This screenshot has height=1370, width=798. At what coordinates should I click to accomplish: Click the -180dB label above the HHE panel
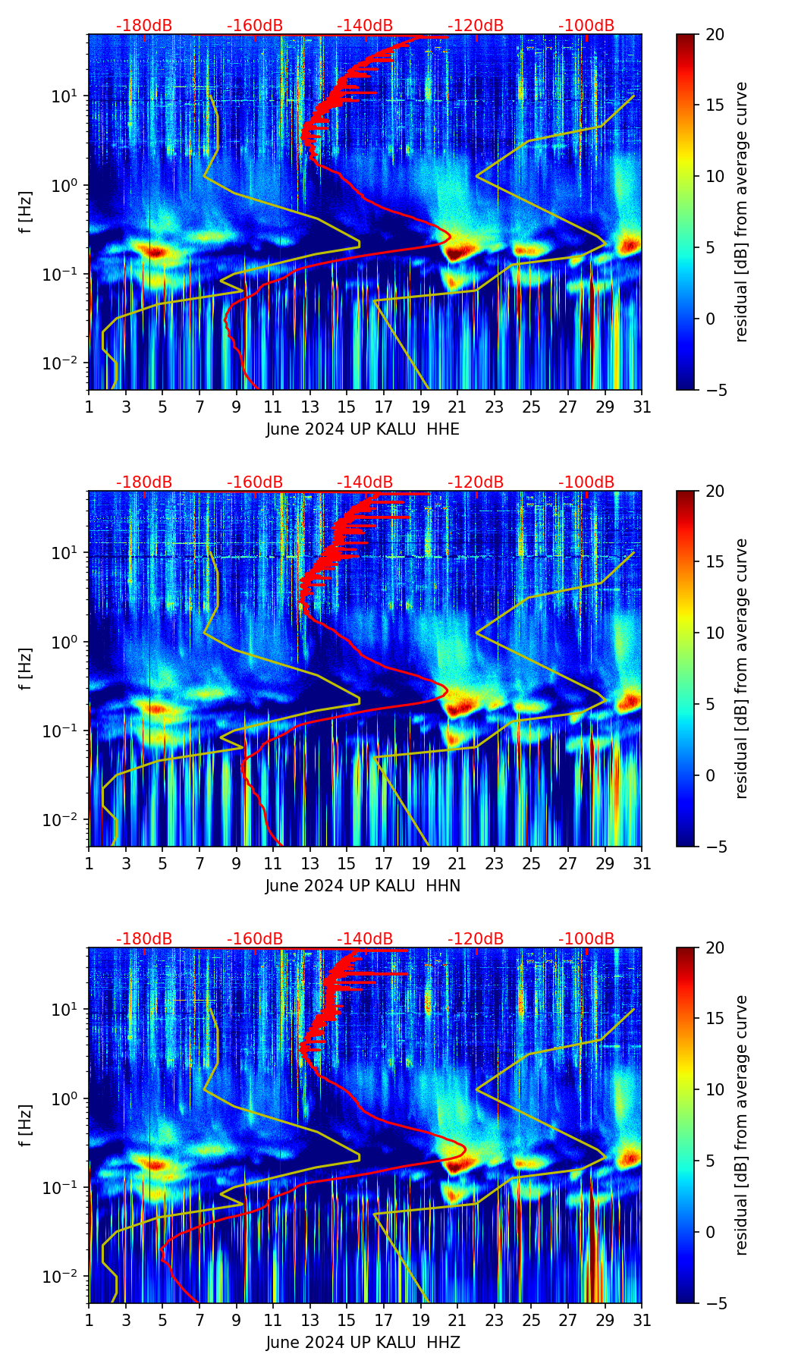pos(144,26)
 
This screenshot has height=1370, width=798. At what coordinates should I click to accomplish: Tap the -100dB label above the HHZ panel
pos(586,939)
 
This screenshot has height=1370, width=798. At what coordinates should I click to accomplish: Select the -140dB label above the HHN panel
pos(365,482)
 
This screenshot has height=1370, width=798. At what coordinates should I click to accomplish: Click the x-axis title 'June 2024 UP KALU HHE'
pos(363,429)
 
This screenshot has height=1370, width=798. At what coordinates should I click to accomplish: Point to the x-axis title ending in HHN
pos(363,886)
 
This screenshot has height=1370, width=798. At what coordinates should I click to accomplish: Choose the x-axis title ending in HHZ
pos(363,1343)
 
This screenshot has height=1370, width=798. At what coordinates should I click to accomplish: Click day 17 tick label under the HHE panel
pos(384,407)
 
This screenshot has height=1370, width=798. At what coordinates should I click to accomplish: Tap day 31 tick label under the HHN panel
pos(642,863)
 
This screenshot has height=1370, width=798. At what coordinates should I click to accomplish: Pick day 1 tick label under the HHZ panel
pos(90,1320)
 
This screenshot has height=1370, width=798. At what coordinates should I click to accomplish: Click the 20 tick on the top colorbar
pos(715,34)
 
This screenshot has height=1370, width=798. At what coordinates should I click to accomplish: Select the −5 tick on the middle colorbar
pos(715,847)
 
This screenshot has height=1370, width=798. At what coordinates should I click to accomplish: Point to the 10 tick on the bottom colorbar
pos(715,1090)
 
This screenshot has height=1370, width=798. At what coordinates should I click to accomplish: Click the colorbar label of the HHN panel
pos(742,668)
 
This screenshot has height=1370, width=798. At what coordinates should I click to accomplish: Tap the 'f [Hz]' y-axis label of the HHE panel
pos(26,212)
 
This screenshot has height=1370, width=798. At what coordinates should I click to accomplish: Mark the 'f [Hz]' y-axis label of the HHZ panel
pos(26,1125)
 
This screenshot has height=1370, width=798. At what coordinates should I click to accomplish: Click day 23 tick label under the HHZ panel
pos(495,1320)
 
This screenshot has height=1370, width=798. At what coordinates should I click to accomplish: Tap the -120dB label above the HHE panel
pos(476,26)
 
